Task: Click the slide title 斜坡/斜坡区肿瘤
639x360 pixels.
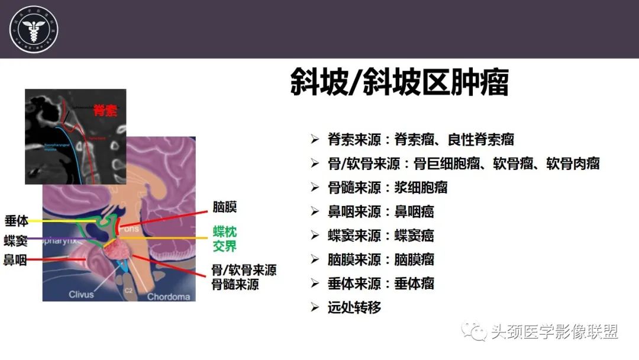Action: (399, 82)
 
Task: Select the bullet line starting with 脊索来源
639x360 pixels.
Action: (421, 140)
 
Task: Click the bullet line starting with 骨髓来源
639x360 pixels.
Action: (388, 188)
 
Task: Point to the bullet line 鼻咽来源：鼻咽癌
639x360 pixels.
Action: (381, 211)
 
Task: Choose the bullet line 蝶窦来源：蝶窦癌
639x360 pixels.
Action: (381, 235)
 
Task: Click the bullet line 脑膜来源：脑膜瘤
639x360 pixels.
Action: (381, 259)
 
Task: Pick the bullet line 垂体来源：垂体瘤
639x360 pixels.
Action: (381, 283)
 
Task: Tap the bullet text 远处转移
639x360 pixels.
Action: (354, 307)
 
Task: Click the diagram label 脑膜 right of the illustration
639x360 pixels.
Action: (225, 207)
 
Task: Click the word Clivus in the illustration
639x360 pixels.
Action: (81, 294)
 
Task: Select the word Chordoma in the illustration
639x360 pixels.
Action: (169, 297)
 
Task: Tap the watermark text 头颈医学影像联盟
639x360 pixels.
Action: (554, 332)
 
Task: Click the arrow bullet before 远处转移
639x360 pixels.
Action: (315, 308)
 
